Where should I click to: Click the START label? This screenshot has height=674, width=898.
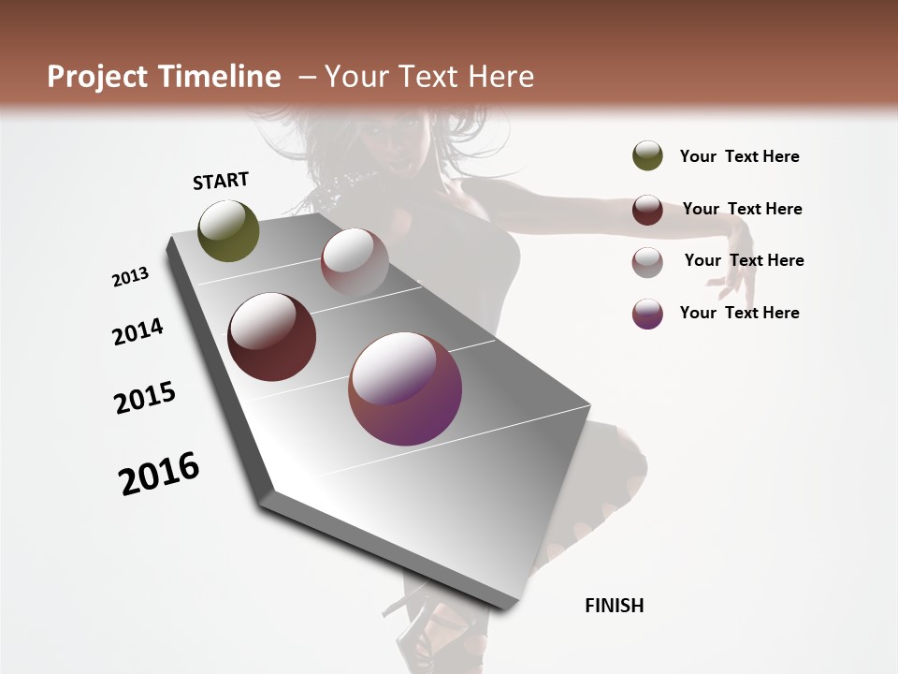[221, 181]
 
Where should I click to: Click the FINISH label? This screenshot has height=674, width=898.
[615, 606]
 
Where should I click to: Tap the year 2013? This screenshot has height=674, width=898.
[130, 277]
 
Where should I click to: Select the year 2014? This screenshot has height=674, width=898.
[138, 332]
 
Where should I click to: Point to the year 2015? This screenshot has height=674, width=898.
[145, 398]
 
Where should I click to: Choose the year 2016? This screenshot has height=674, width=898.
[159, 474]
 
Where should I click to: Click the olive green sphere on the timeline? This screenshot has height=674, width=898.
[228, 230]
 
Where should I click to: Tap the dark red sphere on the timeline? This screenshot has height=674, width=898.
[271, 337]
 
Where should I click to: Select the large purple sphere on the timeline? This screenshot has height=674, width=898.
[405, 388]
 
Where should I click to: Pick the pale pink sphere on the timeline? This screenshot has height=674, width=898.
[355, 261]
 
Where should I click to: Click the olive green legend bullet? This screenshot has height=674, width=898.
[647, 156]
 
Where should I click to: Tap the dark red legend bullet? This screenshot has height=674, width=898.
[647, 209]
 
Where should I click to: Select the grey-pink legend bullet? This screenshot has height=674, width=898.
[647, 261]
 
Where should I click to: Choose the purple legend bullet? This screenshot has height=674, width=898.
[647, 313]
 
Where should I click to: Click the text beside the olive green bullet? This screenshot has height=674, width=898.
[739, 156]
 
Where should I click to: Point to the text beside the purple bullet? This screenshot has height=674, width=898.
[739, 313]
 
